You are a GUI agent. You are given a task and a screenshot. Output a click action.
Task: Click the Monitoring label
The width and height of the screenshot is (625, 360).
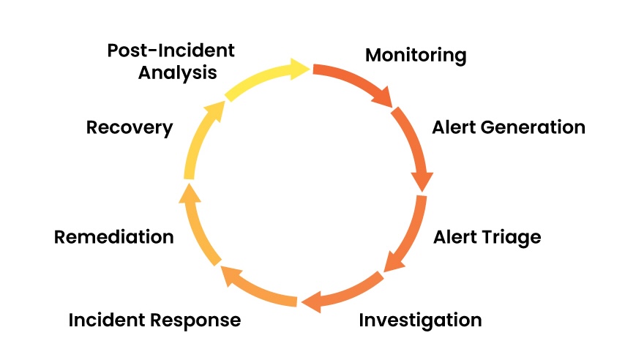(415, 55)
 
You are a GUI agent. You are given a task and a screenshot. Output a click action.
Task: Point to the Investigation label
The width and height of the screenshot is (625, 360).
(420, 320)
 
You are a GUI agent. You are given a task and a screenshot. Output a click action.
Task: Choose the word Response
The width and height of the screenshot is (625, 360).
(198, 320)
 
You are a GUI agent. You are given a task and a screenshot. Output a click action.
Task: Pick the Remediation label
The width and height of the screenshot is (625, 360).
(114, 237)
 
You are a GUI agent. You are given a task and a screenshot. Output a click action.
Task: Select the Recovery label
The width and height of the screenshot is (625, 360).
(130, 127)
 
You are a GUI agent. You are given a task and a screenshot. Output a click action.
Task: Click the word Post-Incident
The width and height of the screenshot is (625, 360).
(171, 50)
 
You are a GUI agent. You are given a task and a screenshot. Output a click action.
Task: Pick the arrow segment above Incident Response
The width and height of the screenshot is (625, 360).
(256, 289)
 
